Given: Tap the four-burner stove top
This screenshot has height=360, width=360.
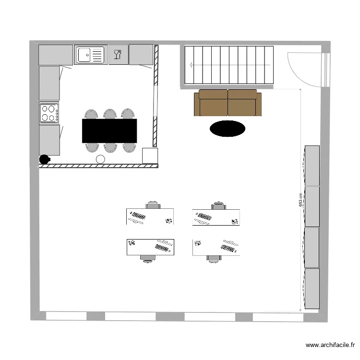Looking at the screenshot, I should [49, 113].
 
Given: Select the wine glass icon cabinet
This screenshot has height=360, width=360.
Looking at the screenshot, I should [118, 54].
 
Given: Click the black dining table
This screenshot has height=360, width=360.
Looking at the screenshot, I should [109, 131].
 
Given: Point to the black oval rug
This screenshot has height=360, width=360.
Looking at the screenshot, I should [227, 128].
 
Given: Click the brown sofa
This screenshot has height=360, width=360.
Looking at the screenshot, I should [228, 103].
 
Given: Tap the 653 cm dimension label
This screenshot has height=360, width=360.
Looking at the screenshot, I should [300, 199].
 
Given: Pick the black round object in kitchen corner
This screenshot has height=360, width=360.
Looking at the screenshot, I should [44, 159].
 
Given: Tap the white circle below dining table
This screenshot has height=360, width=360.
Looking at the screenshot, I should [100, 159].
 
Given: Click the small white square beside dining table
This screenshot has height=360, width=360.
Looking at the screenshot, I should [150, 156].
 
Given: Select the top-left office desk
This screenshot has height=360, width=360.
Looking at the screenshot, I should [150, 217].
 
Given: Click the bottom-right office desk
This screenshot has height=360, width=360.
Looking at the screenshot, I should [216, 247].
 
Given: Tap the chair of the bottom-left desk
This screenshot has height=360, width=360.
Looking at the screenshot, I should [148, 258].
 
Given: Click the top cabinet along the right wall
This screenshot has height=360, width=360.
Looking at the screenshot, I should [312, 166].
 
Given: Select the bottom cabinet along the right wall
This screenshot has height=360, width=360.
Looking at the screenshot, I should [312, 288].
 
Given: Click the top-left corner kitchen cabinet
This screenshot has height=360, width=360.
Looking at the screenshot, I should [55, 55].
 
